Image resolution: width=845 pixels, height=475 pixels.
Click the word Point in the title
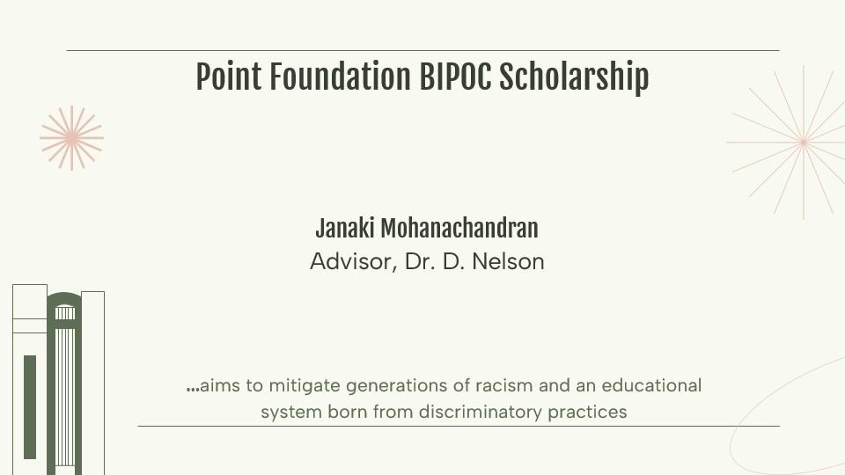229,77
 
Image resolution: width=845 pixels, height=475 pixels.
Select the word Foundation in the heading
340,77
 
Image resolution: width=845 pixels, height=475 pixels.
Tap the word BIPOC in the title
455,77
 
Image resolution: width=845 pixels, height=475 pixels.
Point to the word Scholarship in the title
574,77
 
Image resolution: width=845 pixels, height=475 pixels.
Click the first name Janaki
345,229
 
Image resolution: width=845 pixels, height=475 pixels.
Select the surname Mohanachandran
459,229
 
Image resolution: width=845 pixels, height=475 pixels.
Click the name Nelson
508,262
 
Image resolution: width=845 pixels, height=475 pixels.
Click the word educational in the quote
651,385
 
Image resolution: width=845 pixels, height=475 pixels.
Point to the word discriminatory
481,412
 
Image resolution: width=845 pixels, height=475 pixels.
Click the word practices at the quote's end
587,413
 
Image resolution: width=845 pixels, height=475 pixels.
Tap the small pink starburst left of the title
71,138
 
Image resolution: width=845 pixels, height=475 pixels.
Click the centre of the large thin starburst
804,142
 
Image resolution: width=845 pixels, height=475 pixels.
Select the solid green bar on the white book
30,407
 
